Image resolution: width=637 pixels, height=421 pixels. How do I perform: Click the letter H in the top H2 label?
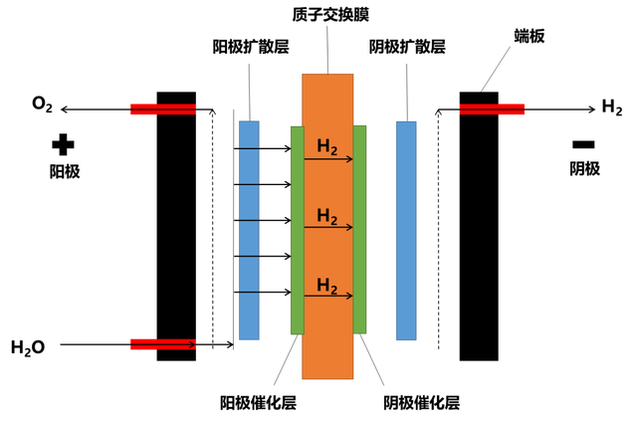tap(323, 146)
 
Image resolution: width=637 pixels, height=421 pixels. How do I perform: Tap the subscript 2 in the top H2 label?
tap(334, 150)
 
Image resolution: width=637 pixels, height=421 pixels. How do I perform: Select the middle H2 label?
tap(327, 217)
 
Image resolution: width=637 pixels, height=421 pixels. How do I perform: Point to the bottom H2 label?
tap(327, 286)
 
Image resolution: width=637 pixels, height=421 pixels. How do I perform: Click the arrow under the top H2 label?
tap(328, 159)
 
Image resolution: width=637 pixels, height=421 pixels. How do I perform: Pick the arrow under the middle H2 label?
tap(328, 228)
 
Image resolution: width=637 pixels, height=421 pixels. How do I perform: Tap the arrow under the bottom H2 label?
tap(328, 296)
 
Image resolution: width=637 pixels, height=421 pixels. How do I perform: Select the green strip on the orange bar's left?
tap(296, 229)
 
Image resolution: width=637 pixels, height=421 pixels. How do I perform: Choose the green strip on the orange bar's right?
tap(360, 229)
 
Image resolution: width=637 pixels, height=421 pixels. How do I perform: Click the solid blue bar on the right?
tap(406, 230)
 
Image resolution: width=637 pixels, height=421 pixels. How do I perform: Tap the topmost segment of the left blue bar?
tap(249, 133)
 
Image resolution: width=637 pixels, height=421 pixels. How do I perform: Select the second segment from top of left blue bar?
tap(249, 166)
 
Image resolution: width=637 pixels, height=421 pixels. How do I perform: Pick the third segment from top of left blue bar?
tap(249, 202)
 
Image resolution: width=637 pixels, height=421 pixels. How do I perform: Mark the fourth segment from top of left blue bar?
tap(249, 238)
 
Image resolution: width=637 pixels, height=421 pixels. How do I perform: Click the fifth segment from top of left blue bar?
tap(249, 274)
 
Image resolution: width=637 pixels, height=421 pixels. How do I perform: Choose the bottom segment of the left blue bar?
tap(249, 316)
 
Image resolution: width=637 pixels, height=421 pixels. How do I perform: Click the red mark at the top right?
tap(492, 108)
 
